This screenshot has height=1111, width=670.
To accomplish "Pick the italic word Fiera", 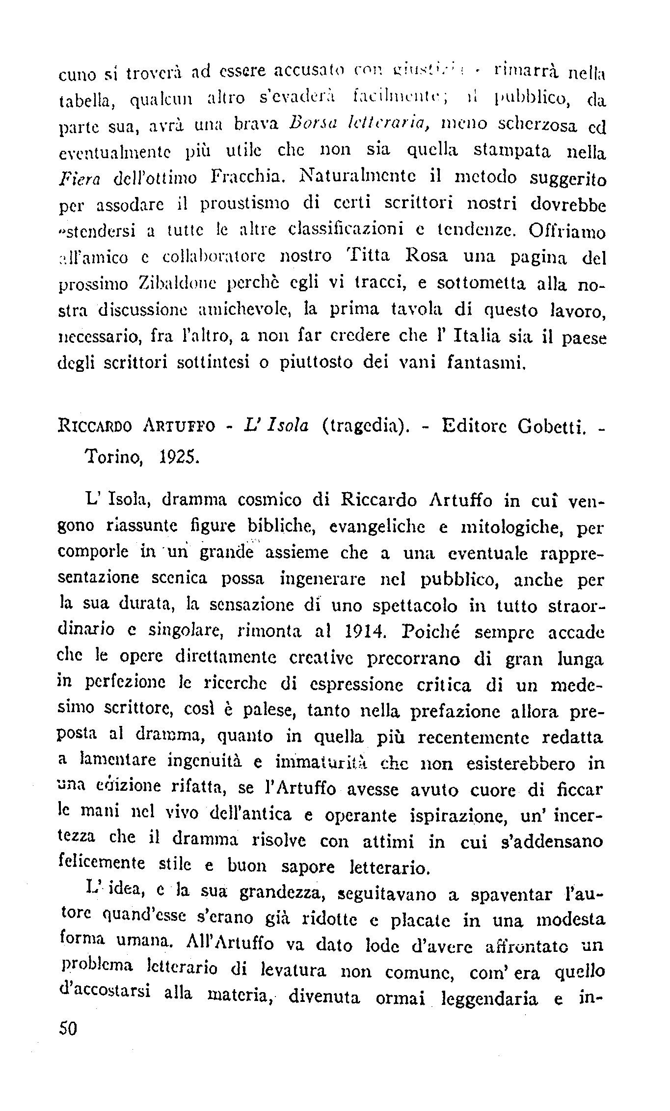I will [80, 177].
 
